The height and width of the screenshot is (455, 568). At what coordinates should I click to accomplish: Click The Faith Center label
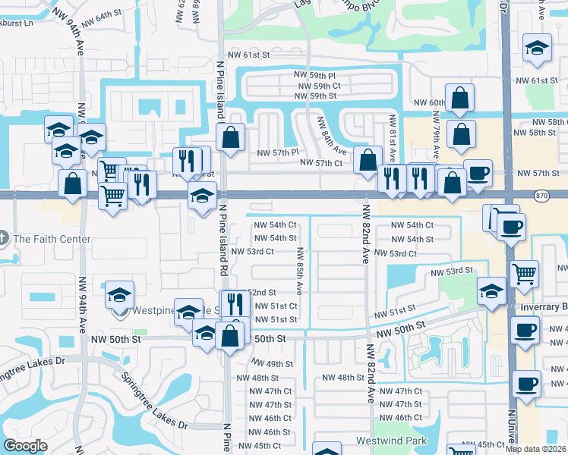[x=52, y=240]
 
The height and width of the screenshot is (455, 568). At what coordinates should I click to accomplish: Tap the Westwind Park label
[x=392, y=441]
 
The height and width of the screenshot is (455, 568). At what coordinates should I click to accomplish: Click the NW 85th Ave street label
[x=299, y=270]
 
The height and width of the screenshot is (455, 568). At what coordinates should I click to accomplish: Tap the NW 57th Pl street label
[x=274, y=152]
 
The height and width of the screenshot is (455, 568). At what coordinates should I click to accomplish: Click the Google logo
[x=25, y=446]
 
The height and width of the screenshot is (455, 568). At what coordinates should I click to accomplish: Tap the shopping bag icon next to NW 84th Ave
[x=368, y=160]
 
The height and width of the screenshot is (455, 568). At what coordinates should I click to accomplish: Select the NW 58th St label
[x=542, y=133]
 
